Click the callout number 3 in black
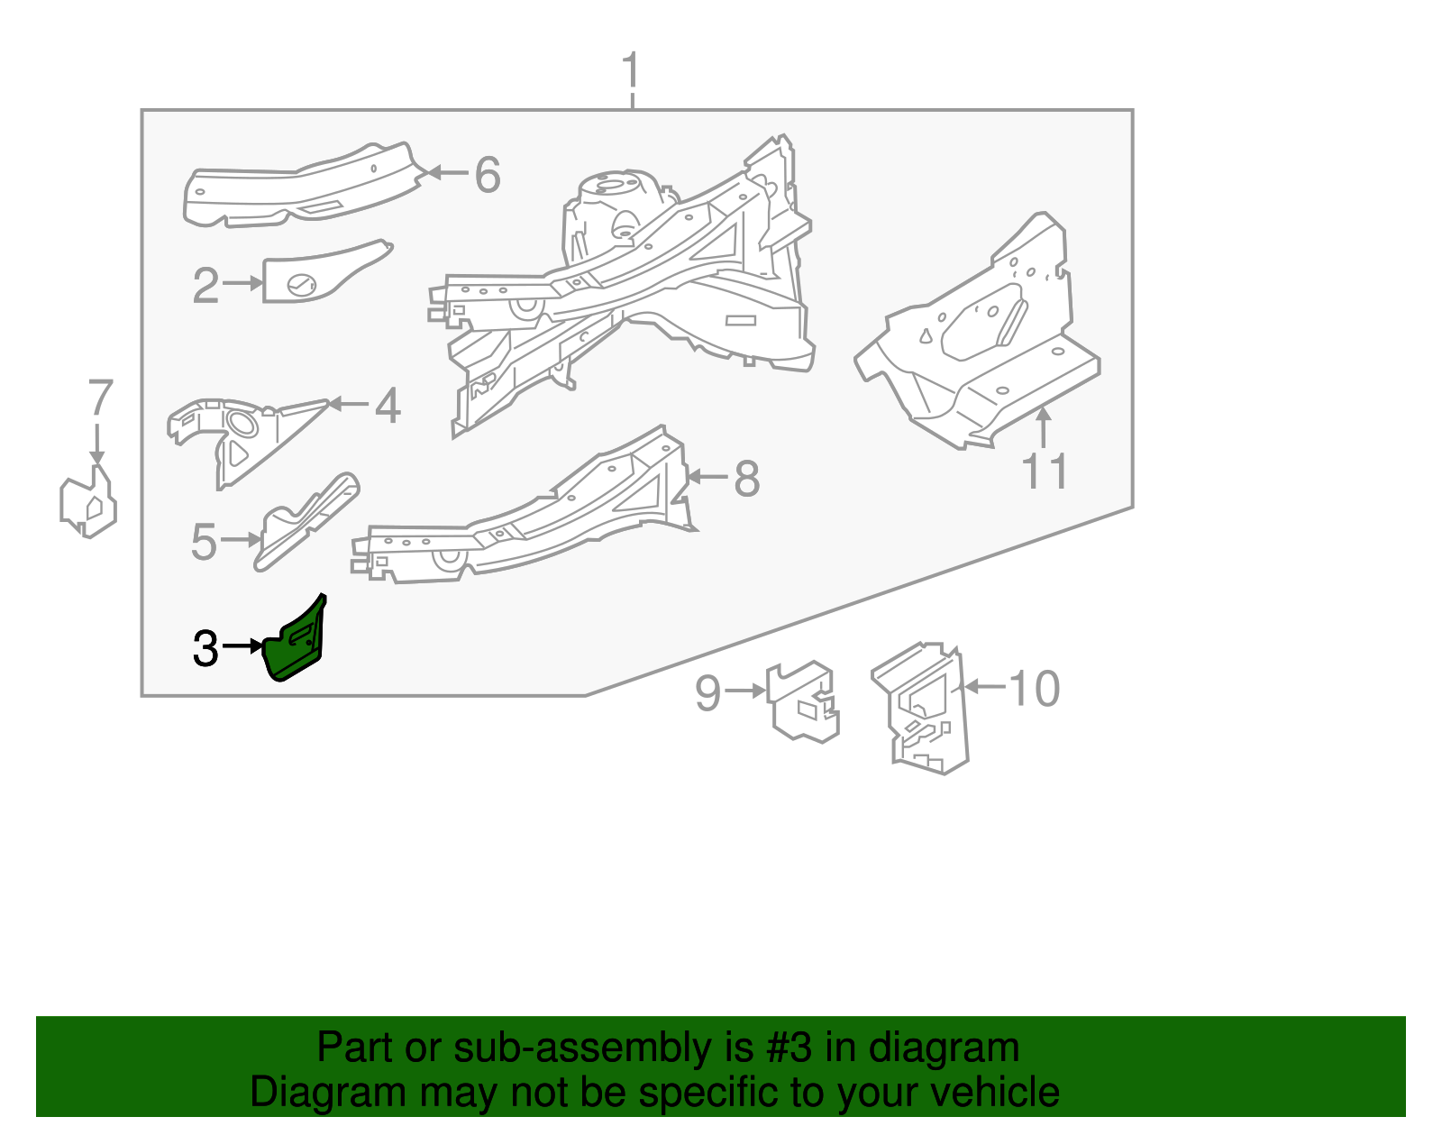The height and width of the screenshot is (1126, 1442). click(x=205, y=648)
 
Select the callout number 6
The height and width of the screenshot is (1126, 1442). click(x=488, y=174)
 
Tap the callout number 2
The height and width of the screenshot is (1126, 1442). click(x=205, y=286)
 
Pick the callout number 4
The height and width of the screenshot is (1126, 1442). click(x=388, y=406)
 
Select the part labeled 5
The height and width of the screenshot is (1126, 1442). click(x=302, y=523)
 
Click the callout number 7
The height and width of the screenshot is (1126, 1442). click(x=100, y=398)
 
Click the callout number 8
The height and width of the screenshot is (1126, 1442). click(x=746, y=479)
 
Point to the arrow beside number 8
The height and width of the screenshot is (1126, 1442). click(x=708, y=477)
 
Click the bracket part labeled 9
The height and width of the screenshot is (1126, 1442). click(x=802, y=701)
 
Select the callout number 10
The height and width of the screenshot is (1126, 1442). click(x=1035, y=689)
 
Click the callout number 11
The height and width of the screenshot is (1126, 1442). click(x=1045, y=472)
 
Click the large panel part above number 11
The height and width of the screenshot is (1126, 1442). click(x=982, y=343)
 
